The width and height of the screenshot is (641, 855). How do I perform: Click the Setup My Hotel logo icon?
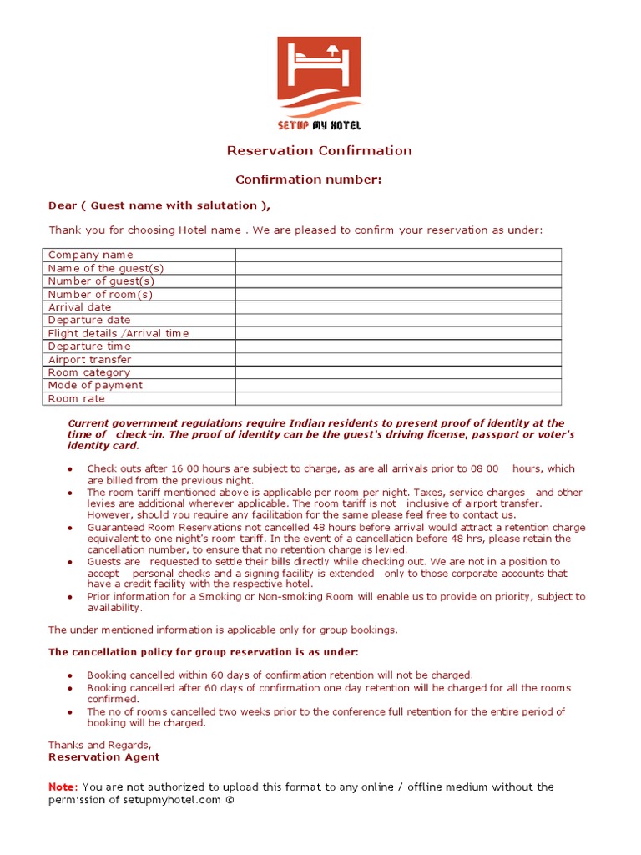[x=319, y=77]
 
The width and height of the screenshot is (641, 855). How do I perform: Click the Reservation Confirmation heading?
[x=320, y=151]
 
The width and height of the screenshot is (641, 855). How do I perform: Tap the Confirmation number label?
[x=308, y=180]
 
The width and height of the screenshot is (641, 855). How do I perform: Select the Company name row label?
[x=90, y=255]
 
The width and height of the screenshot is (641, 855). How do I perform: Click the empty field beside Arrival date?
[x=398, y=307]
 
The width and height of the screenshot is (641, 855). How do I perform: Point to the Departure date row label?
[x=89, y=320]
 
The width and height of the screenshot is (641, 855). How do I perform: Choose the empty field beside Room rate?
[x=398, y=398]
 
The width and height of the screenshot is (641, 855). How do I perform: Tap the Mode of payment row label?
[x=95, y=385]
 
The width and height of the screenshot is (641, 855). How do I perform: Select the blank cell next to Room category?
[x=398, y=372]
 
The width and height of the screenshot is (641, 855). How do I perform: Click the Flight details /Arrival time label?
[x=119, y=333]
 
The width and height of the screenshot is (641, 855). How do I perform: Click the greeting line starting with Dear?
[x=159, y=205]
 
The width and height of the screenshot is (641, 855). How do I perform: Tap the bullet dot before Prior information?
[x=70, y=597]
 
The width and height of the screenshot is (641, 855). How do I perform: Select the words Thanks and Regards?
[x=99, y=745]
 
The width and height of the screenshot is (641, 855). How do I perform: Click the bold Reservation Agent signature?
[x=103, y=757]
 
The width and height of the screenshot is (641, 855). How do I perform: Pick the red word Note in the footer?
[x=61, y=787]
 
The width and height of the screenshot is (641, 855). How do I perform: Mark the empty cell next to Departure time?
[x=398, y=347]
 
